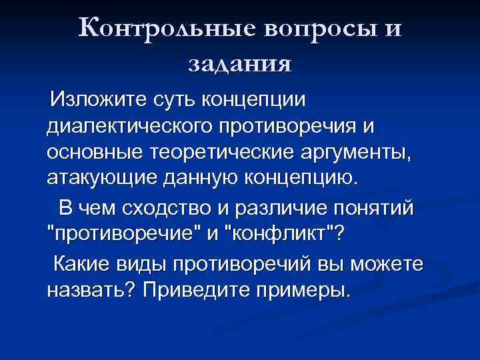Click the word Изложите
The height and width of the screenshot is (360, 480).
pos(99,101)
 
